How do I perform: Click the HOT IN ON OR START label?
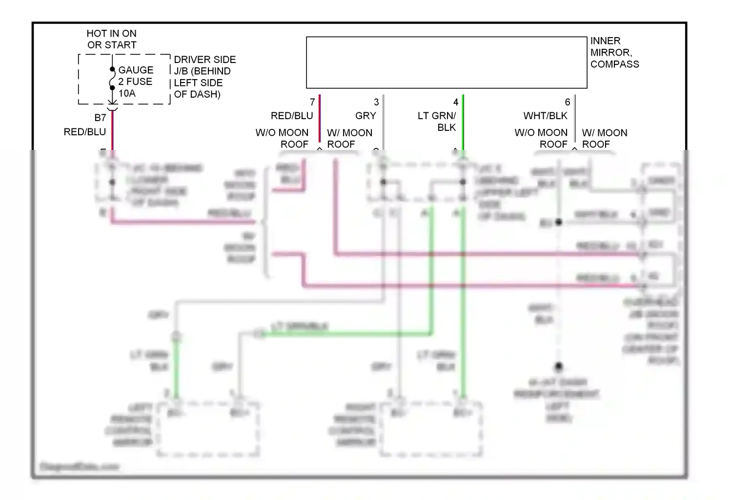pos(112,39)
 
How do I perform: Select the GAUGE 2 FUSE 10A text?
pos(136,82)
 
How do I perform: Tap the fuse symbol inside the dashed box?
pos(112,79)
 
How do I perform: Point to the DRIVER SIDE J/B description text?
pos(204,77)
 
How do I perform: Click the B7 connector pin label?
pos(100,118)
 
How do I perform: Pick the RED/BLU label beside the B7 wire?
pos(85,132)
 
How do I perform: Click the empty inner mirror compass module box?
pos(446,62)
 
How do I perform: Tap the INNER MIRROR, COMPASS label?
pos(614,52)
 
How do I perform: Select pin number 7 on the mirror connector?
pos(312,102)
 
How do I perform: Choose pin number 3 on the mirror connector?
pos(376,102)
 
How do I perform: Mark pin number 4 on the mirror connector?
pos(456,102)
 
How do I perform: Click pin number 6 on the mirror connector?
pos(568,102)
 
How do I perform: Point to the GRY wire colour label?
pos(366,116)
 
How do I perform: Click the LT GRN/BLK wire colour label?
pos(437,122)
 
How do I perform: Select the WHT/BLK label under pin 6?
pos(545,116)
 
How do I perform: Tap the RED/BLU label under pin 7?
pos(292,116)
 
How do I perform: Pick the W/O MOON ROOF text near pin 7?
pos(282,138)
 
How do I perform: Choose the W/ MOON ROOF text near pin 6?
pos(604,138)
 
